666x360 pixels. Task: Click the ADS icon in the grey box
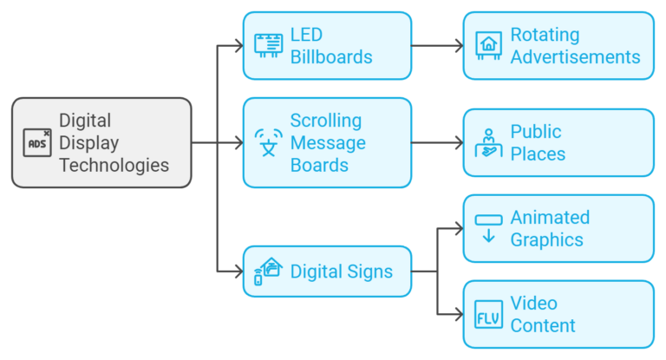pyautogui.click(x=37, y=142)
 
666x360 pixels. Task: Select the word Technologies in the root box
pyautogui.click(x=114, y=165)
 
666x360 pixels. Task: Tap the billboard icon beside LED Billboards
pyautogui.click(x=268, y=45)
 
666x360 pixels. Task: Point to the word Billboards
pyautogui.click(x=331, y=57)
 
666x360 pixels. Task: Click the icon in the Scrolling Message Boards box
pyautogui.click(x=268, y=142)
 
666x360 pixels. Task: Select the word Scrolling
pyautogui.click(x=326, y=121)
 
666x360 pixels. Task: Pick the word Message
pyautogui.click(x=328, y=142)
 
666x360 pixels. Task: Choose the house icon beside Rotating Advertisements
pyautogui.click(x=488, y=45)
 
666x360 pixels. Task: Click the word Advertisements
pyautogui.click(x=575, y=57)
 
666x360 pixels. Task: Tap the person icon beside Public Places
pyautogui.click(x=488, y=142)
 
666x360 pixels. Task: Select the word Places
pyautogui.click(x=538, y=154)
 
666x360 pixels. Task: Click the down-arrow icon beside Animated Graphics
pyautogui.click(x=488, y=228)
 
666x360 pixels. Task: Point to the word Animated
pyautogui.click(x=550, y=217)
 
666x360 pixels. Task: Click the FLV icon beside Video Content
pyautogui.click(x=488, y=314)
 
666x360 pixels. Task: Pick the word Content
pyautogui.click(x=543, y=326)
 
